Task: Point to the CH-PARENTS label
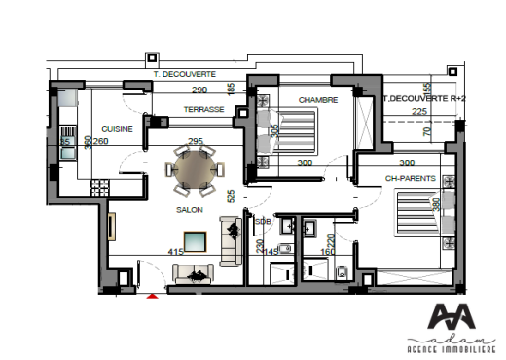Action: coord(407,178)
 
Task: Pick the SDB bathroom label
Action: coord(262,221)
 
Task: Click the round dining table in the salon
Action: coord(190,169)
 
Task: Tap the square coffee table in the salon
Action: coord(195,240)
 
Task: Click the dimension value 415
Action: coord(176,252)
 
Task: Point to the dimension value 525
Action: coord(231,196)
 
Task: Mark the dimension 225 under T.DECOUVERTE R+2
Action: coord(418,111)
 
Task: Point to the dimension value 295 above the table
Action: coord(195,140)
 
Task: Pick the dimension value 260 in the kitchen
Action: coord(101,141)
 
